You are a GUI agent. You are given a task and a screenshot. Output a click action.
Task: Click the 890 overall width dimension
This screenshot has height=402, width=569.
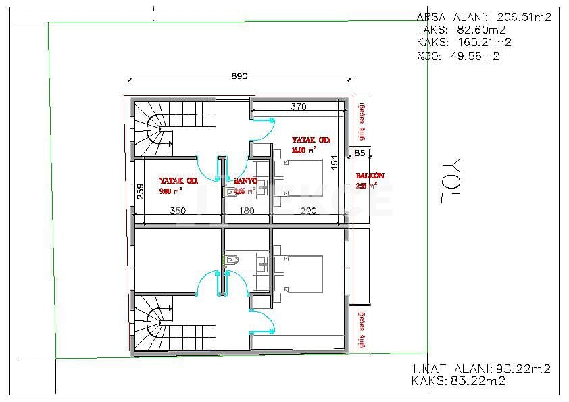pos(240,76)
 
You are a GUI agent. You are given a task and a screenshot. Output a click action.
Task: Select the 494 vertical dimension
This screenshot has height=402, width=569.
pos(333,163)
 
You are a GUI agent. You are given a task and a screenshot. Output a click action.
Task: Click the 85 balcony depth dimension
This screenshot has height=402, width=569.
pos(360,153)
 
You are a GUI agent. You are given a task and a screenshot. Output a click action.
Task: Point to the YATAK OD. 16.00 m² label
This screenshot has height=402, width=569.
pos(311,145)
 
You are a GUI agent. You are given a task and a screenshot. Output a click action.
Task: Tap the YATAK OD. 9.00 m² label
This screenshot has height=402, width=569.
pos(178,186)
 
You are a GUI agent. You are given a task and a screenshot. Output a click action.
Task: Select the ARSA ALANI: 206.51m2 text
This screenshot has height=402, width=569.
pos(484,17)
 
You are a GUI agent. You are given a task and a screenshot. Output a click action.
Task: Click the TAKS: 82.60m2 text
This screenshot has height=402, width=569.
pos(462,30)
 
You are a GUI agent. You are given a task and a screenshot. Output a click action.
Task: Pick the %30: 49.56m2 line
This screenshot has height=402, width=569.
pos(458,56)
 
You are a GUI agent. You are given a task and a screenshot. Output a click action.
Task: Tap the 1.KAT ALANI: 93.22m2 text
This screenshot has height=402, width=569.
pos(480,369)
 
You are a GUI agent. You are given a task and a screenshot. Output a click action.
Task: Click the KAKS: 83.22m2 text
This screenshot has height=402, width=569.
pos(458,382)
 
